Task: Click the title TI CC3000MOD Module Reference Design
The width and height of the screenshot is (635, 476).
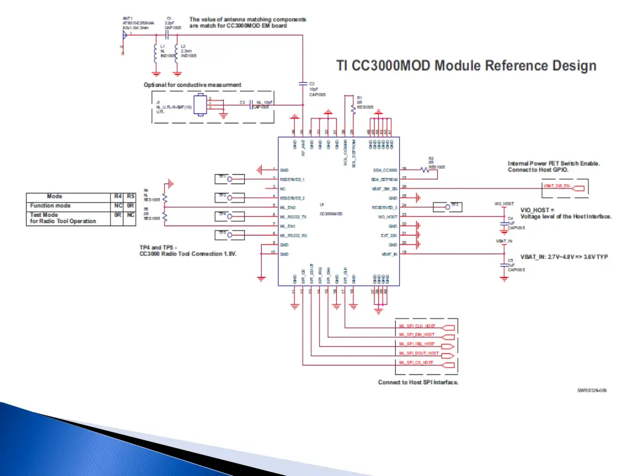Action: pos(466,66)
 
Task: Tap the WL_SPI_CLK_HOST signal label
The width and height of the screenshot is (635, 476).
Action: pos(417,325)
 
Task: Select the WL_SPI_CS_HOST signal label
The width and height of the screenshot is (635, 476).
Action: pos(416,363)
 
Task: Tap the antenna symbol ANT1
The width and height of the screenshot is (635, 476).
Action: pos(125,37)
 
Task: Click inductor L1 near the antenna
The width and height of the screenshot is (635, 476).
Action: pos(155,53)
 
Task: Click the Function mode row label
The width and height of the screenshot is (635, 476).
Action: pos(50,205)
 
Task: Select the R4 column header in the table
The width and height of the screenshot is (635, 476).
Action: pos(118,197)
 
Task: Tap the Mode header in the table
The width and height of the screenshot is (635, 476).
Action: pos(55,197)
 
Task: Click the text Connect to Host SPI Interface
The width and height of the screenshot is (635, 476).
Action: pos(419,382)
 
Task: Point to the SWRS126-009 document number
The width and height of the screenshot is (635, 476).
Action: pos(592,390)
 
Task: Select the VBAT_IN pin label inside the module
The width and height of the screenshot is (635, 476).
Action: pos(389,254)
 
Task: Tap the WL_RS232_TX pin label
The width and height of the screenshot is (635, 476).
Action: pos(293,216)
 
